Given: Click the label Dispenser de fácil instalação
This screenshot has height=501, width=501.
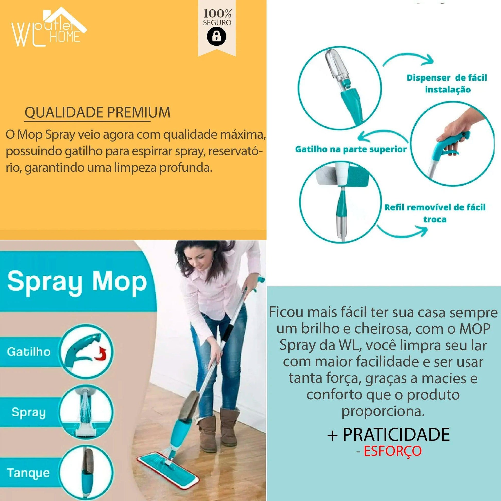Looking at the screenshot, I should (x=446, y=83).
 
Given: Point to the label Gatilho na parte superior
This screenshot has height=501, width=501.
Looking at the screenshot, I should (x=351, y=149).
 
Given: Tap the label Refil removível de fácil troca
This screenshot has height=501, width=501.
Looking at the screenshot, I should (x=435, y=213).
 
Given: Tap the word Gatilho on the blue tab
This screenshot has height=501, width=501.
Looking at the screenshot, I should (x=29, y=352).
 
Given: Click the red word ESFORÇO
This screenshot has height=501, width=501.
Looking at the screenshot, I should (x=392, y=451).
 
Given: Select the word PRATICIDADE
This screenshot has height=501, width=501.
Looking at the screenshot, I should (x=396, y=435).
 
